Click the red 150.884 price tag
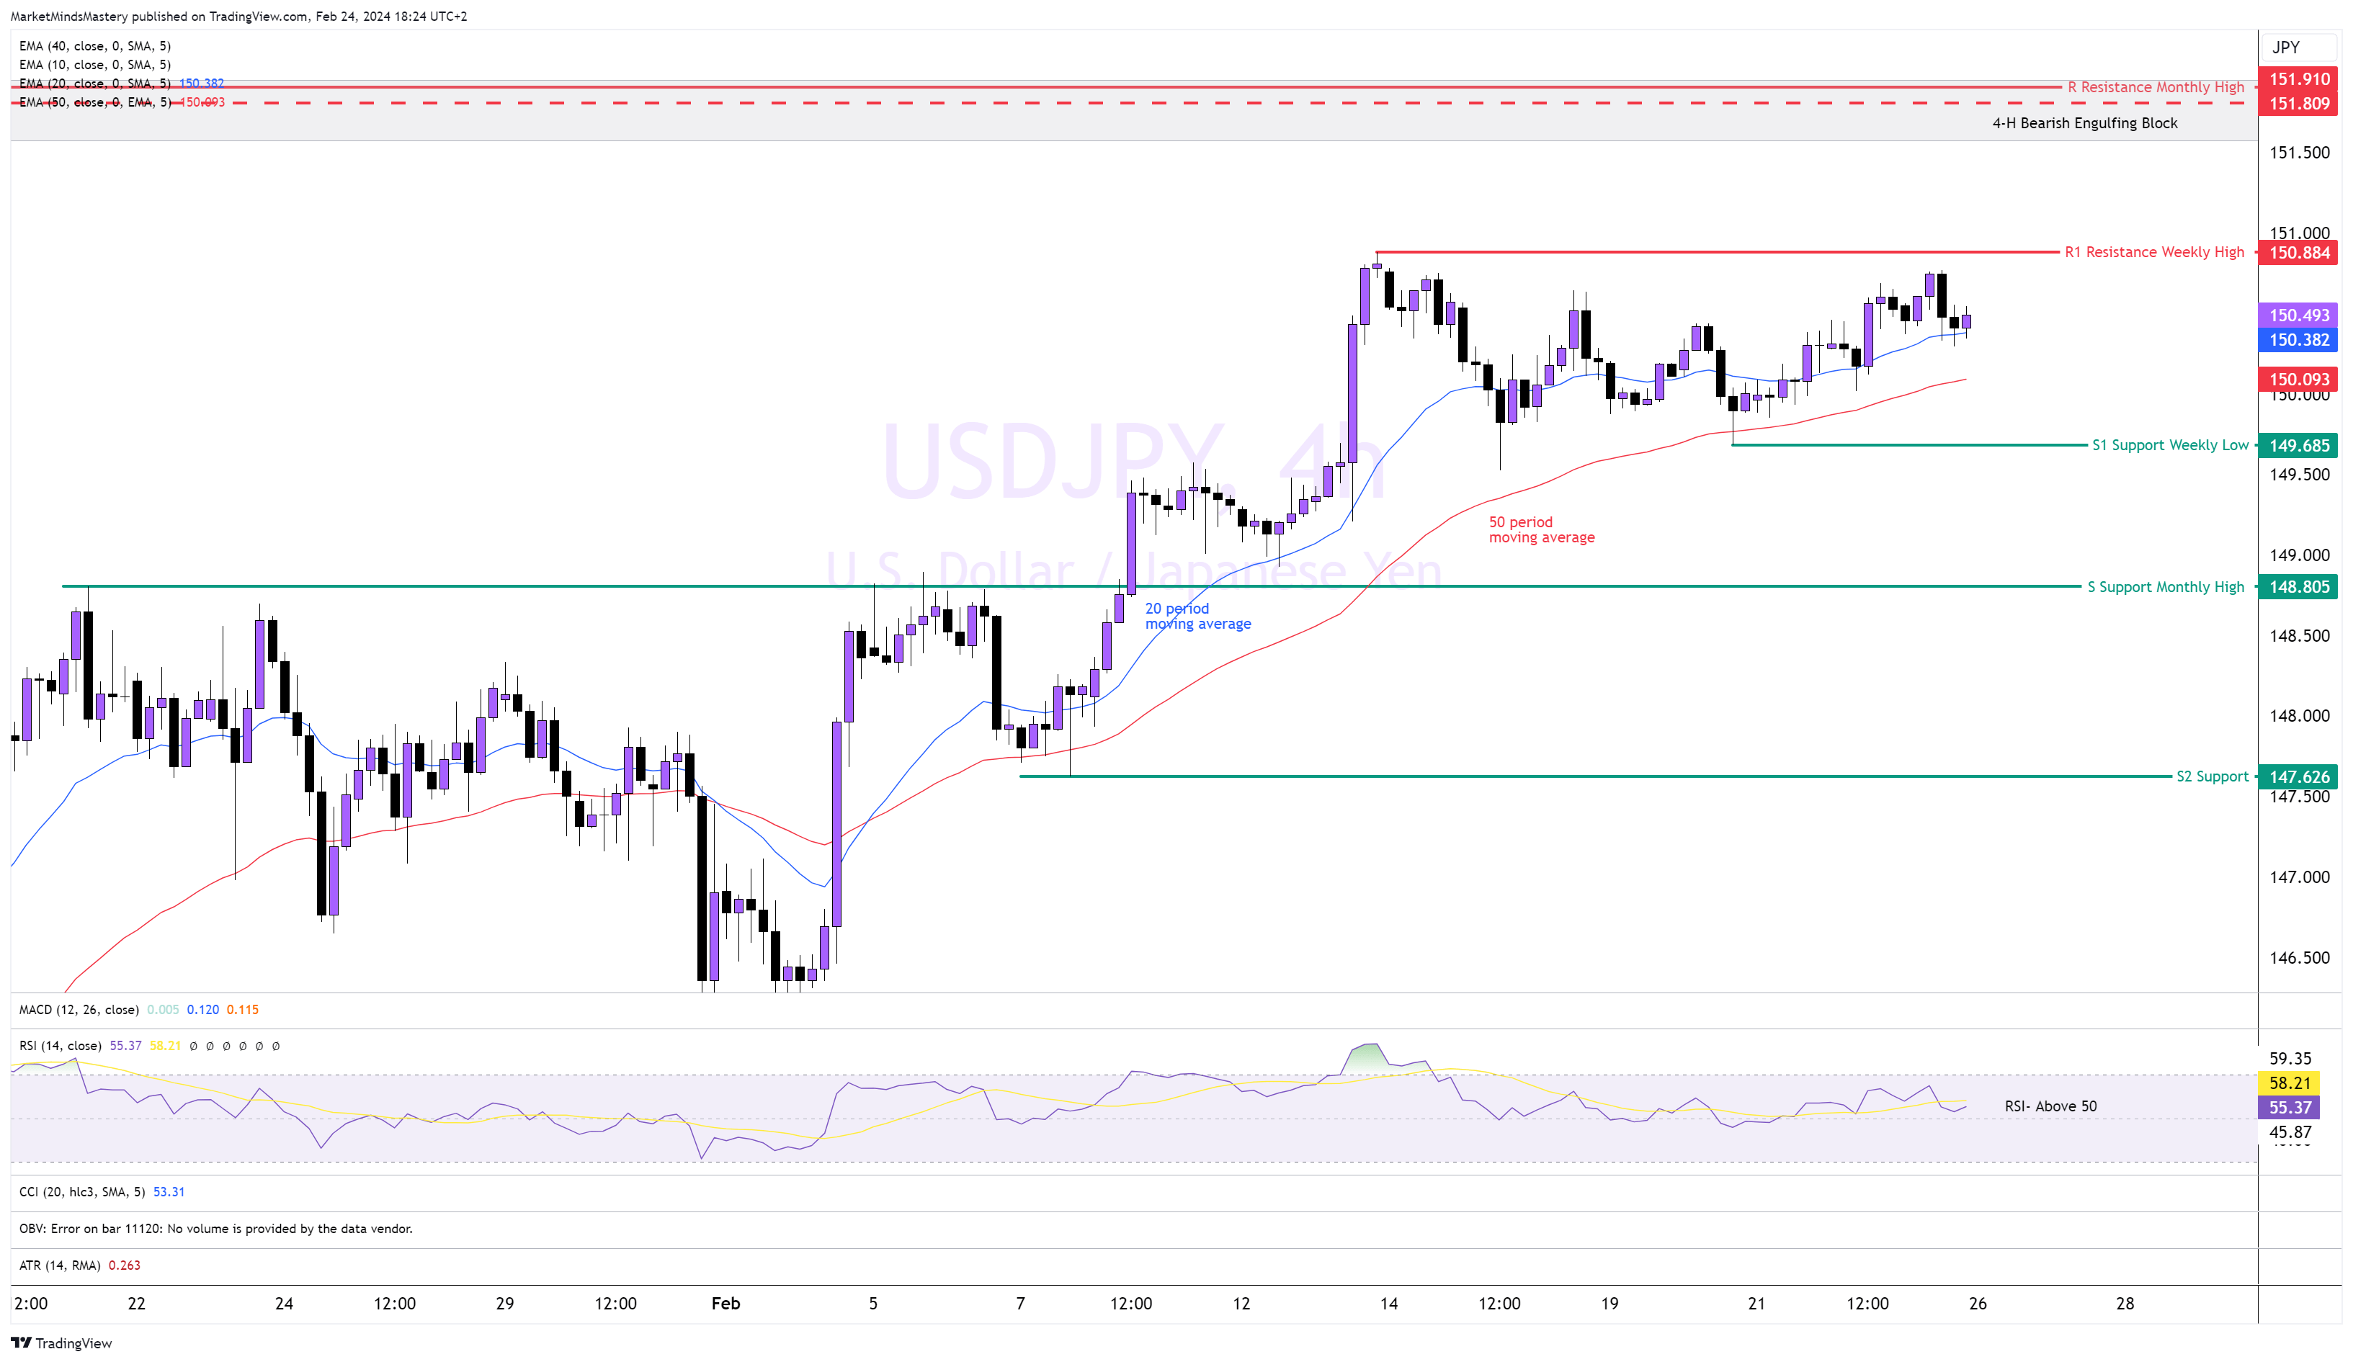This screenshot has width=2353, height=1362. (x=2298, y=252)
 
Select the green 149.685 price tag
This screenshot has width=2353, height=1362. (x=2298, y=445)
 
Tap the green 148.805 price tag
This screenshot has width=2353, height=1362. (x=2298, y=587)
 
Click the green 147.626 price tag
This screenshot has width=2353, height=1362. (x=2298, y=776)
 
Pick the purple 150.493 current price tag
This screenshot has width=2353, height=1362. (x=2298, y=315)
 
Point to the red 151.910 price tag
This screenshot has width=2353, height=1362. (x=2298, y=79)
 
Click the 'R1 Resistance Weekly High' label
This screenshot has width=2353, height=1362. (x=2153, y=252)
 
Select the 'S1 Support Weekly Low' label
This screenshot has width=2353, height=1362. (x=2169, y=445)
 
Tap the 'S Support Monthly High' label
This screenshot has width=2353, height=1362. (x=2164, y=587)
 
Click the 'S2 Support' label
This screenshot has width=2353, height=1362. (x=2211, y=776)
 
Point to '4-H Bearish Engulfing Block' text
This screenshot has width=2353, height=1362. (x=2084, y=123)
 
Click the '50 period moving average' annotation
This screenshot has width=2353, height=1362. (x=1540, y=530)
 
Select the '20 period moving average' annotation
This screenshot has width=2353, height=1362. (x=1197, y=616)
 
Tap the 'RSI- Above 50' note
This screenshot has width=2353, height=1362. (x=2050, y=1106)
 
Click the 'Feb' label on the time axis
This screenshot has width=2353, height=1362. (x=725, y=1303)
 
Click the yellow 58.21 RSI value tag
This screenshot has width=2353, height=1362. (x=2290, y=1083)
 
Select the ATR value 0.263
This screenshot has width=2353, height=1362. (x=124, y=1265)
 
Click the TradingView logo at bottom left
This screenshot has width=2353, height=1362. (x=62, y=1343)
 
